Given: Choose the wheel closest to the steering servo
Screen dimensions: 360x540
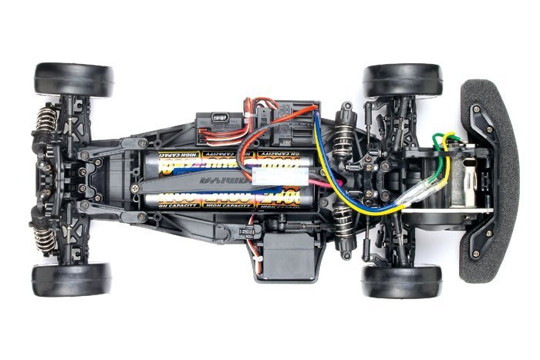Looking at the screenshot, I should (401, 281).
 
